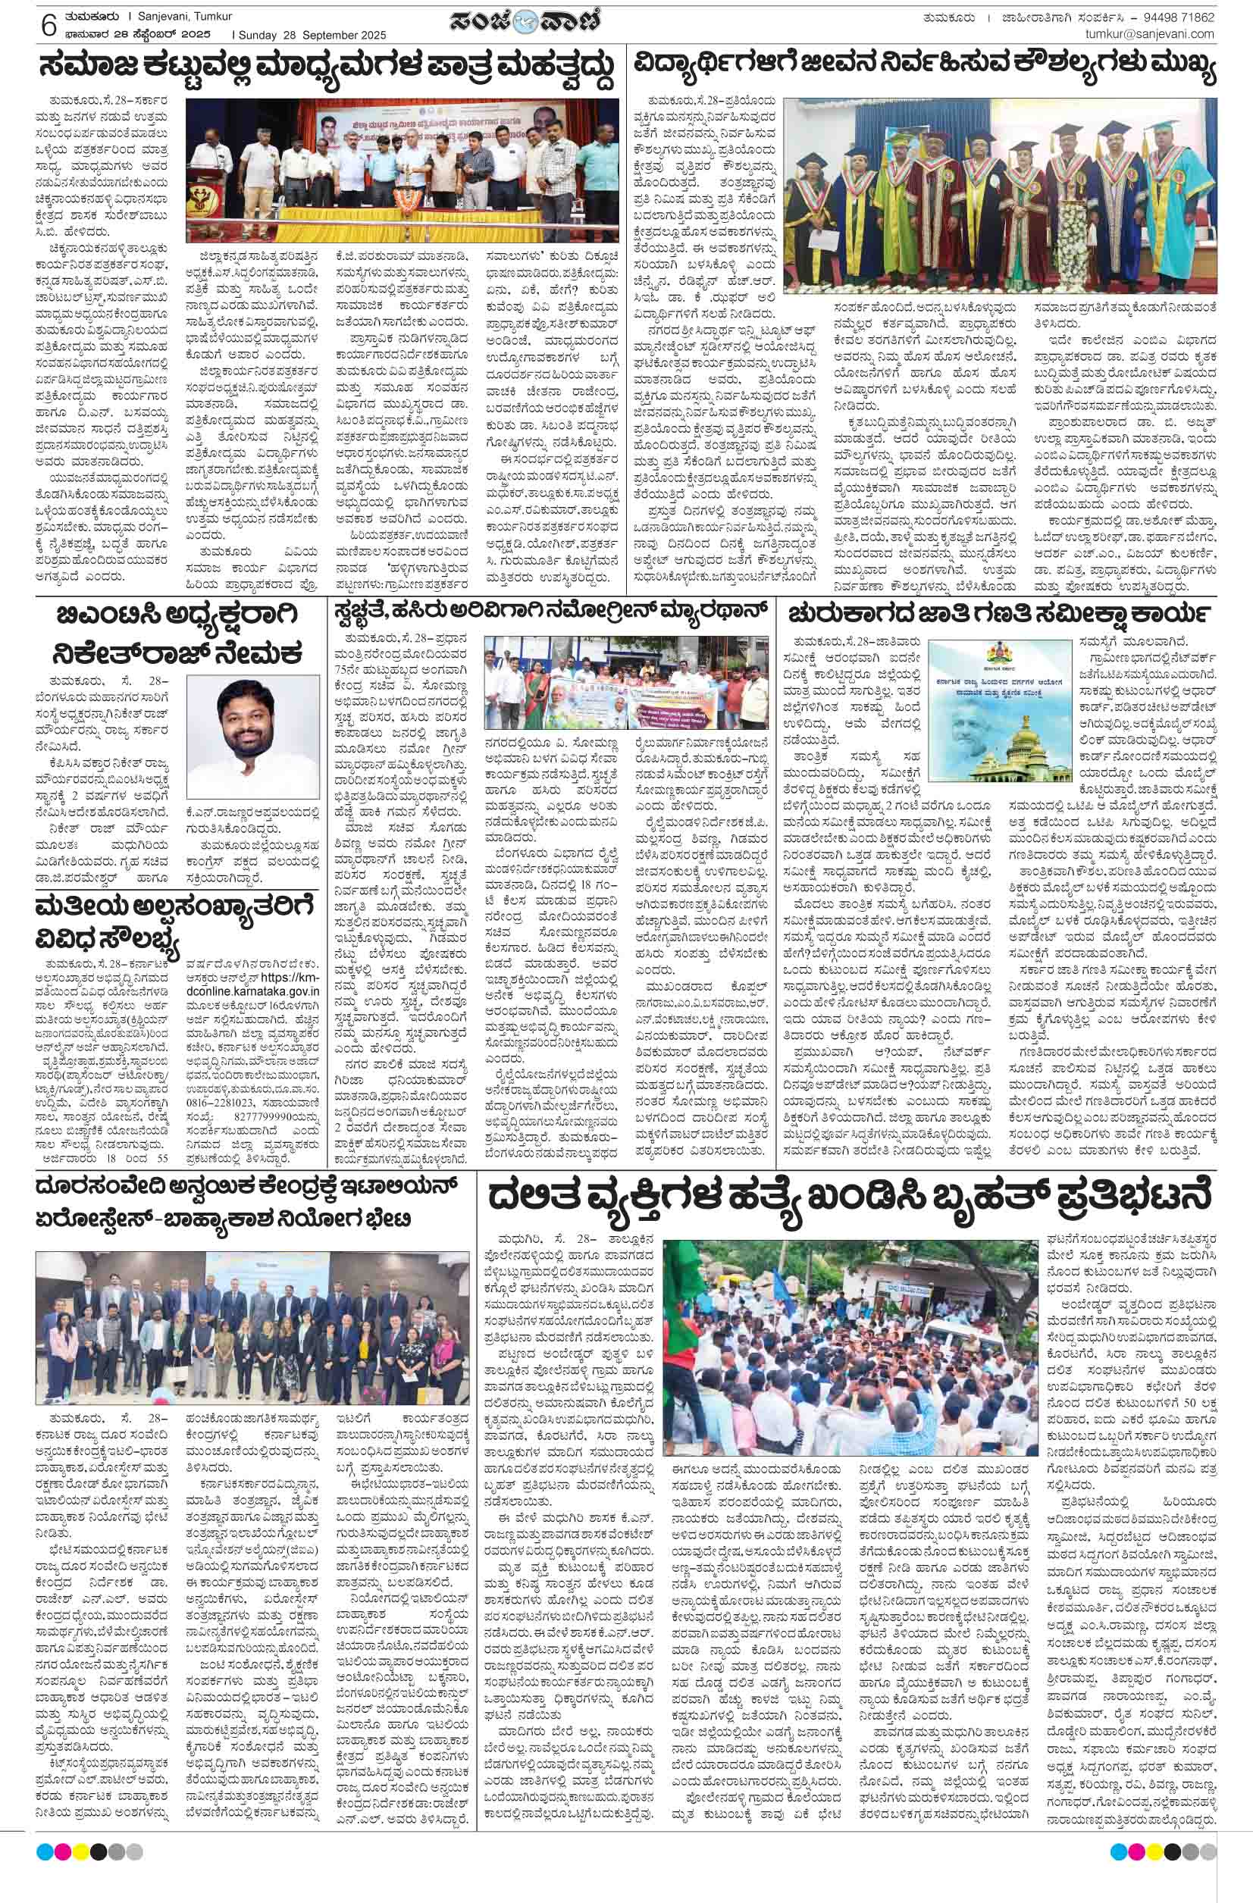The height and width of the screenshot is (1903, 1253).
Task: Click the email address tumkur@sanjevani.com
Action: (1149, 34)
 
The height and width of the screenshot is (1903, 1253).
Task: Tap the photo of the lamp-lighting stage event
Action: (403, 171)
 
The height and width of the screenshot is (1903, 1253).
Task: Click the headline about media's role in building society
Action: (328, 73)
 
